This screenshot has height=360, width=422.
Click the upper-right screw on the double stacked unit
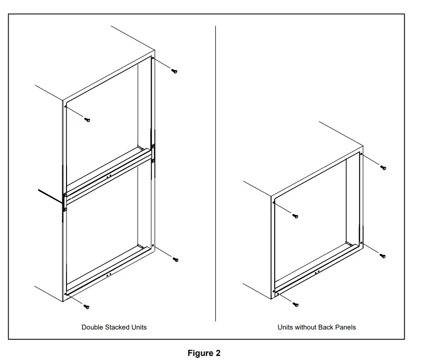174,71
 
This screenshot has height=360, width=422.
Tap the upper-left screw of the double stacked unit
87,120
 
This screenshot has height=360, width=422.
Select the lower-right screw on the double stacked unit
176,259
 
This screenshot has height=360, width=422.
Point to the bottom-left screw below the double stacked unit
86,307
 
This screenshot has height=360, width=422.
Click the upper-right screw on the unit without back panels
383,168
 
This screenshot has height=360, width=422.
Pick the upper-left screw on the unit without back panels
296,216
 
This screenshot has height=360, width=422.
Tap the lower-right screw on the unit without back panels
383,256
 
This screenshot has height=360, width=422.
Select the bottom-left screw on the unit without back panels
296,305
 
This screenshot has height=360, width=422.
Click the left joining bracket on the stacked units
64,202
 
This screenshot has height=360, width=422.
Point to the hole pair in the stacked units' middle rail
109,176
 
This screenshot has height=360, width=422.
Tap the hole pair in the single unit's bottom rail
317,272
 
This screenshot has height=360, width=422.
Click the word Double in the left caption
92,328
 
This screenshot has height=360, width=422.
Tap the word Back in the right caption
326,328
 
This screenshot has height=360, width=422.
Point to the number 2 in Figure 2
218,353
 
